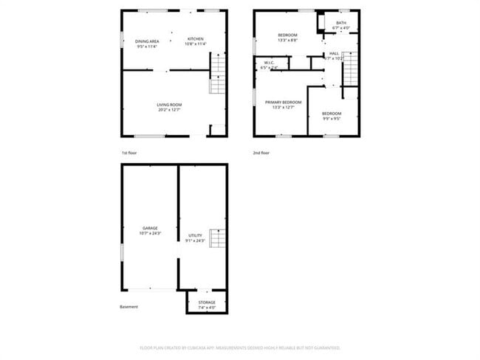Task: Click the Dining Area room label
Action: pos(147,41)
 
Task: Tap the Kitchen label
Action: pos(195,38)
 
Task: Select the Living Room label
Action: pos(169,105)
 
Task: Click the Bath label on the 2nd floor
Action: pos(340,23)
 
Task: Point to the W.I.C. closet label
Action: pos(269,63)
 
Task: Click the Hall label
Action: pos(335,53)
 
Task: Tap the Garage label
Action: pos(150,228)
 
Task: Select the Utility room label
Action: pos(195,235)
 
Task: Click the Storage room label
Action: pos(207,302)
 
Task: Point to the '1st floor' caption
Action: pos(130,153)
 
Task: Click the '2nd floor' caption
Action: pos(261,153)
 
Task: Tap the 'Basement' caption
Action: pos(128,306)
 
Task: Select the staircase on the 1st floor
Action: pos(218,77)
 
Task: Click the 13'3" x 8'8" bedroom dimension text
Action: pos(288,41)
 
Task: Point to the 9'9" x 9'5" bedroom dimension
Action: pos(332,118)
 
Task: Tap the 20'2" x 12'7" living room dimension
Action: pos(169,111)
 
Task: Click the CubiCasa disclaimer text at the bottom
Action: pos(240,347)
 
